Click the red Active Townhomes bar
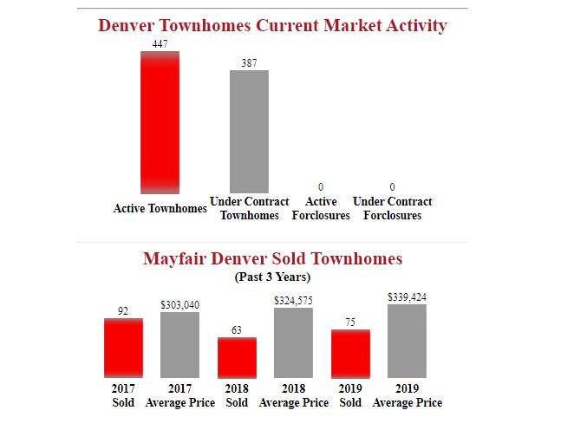click(x=160, y=121)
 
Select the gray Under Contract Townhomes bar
click(x=249, y=131)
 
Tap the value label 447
click(x=160, y=43)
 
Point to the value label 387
click(x=249, y=63)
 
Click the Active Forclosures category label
click(x=321, y=208)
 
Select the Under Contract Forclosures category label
click(x=392, y=208)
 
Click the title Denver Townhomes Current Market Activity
click(x=272, y=25)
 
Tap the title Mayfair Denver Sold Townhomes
click(x=272, y=258)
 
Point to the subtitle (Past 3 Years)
click(x=272, y=277)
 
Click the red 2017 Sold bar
click(x=123, y=348)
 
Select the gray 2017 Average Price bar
click(x=179, y=345)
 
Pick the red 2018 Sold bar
click(x=237, y=357)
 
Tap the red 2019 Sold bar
click(x=350, y=354)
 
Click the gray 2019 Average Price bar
click(x=407, y=341)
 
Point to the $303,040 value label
click(x=179, y=305)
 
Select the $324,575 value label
click(x=293, y=300)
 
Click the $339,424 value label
click(x=407, y=297)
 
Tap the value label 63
click(x=237, y=329)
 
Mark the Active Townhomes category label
click(x=160, y=208)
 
